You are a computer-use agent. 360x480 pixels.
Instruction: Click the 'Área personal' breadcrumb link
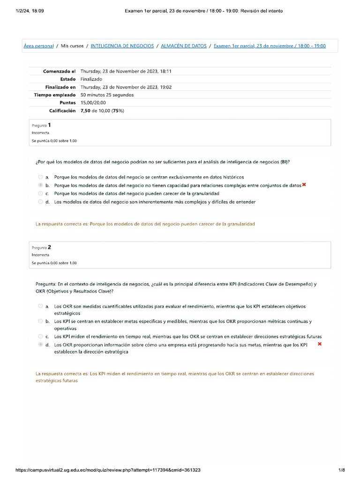pos(38,46)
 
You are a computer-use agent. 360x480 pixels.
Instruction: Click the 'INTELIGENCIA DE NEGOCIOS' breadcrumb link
pos(122,46)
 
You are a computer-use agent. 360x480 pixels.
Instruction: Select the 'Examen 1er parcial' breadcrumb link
pos(270,46)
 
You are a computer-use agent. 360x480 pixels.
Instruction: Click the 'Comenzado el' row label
pos(59,71)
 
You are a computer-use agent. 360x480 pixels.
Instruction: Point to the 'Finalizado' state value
pos(91,79)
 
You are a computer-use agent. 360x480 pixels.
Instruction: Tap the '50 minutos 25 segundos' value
pos(107,95)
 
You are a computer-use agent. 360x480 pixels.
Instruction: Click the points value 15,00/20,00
pos(93,103)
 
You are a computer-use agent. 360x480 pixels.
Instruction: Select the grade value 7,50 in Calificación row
pos(86,111)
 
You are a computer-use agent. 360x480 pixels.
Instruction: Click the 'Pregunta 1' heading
pos(42,125)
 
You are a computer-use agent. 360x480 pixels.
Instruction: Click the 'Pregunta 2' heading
pos(42,247)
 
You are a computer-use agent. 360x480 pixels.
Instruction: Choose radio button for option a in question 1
pos(40,177)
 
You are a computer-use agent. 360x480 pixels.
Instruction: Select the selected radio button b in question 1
pos(40,186)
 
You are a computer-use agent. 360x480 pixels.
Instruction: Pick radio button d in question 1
pos(40,202)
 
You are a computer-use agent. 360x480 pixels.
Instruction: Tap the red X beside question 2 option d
pos(320,344)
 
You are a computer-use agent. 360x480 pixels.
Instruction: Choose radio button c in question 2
pos(40,337)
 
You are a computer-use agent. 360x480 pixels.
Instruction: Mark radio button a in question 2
pos(40,306)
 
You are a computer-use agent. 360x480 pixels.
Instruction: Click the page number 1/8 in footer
pos(341,470)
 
